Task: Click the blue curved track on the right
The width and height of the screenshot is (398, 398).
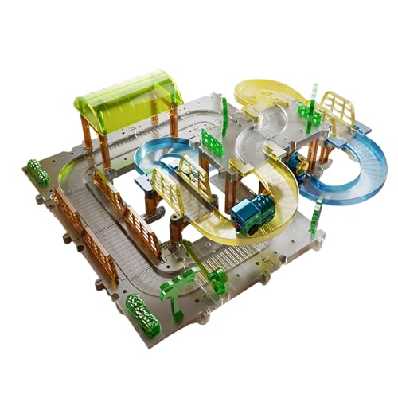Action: (362, 171)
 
